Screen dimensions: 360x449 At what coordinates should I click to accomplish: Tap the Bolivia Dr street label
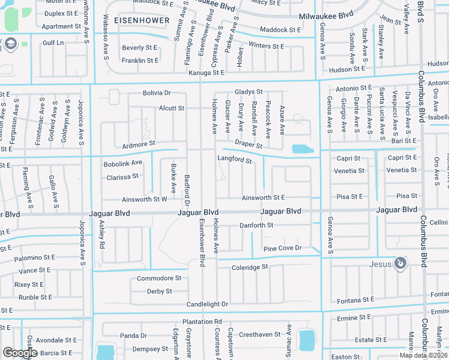[157, 93]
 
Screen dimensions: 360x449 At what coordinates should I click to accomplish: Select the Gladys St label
[249, 92]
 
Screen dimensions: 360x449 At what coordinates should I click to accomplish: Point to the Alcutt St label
[172, 108]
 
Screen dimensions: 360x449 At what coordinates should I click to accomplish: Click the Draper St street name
[249, 145]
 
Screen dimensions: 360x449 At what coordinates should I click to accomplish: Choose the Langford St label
[234, 160]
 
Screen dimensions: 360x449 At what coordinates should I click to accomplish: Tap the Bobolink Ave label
[122, 163]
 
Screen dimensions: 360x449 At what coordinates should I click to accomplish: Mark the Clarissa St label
[122, 176]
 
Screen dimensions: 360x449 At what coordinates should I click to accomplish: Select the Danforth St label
[256, 225]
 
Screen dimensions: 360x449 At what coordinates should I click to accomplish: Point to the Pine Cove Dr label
[282, 248]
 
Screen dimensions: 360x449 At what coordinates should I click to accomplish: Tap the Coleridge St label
[249, 266]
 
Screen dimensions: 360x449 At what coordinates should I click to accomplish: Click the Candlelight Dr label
[207, 305]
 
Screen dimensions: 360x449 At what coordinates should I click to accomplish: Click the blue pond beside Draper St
[302, 149]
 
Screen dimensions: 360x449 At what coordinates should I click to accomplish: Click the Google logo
[20, 353]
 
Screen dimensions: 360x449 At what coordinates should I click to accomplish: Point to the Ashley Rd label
[101, 242]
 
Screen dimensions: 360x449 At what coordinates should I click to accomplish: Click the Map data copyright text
[424, 355]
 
